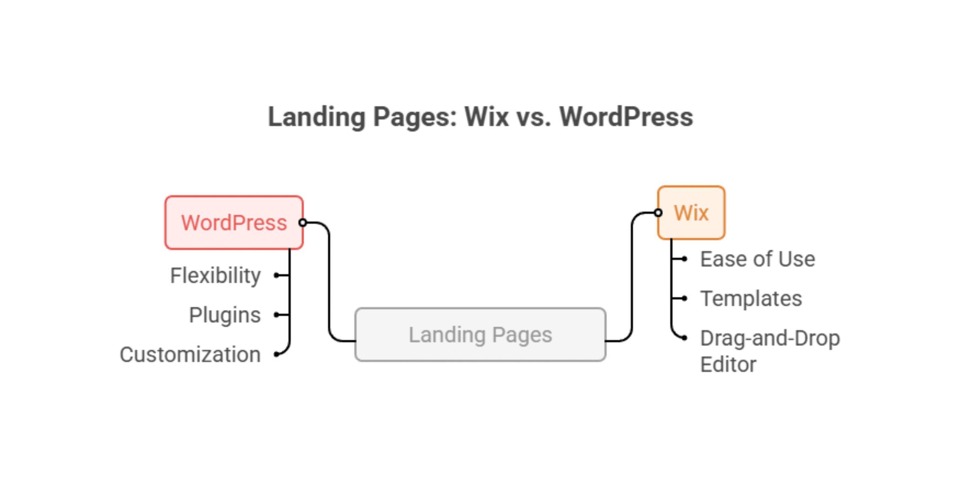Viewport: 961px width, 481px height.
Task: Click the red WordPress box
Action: (234, 222)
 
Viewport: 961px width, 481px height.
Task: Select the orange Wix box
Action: (691, 213)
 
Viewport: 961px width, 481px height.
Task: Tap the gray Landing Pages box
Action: (480, 334)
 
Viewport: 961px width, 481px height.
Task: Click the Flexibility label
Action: (215, 275)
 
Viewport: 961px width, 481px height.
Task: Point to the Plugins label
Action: (224, 315)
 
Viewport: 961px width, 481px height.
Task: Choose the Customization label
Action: (190, 354)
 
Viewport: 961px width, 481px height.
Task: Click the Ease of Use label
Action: (758, 259)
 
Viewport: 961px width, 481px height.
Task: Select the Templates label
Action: (751, 299)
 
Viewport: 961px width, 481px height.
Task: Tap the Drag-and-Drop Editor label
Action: (770, 351)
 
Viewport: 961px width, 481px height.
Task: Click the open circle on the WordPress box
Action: (303, 223)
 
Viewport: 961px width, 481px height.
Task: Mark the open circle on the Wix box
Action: (658, 213)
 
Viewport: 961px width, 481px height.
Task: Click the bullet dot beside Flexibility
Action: (277, 275)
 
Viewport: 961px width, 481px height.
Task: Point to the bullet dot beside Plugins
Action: (277, 315)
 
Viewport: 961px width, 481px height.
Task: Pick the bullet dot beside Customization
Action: (277, 354)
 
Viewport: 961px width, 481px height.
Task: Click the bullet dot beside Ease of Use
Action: (685, 259)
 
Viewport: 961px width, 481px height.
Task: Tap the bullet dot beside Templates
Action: (685, 298)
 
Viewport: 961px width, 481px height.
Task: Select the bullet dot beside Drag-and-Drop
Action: (685, 338)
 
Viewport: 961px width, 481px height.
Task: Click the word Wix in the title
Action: (487, 117)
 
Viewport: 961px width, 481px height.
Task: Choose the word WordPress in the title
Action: (626, 117)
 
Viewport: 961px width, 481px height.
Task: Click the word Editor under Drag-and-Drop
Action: (728, 365)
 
